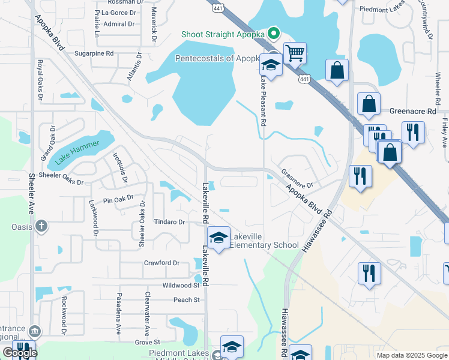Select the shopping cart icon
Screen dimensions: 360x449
(x=295, y=53)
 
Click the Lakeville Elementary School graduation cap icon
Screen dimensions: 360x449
(x=218, y=238)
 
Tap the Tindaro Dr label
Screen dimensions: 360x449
(x=169, y=222)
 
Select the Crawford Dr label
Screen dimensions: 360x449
(x=161, y=263)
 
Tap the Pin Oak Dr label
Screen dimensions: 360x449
(x=116, y=200)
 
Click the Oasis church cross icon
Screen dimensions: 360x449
(x=40, y=226)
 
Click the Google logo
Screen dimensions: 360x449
(x=20, y=353)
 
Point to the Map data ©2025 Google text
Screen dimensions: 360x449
(x=411, y=355)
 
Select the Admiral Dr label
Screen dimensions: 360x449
(x=119, y=24)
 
